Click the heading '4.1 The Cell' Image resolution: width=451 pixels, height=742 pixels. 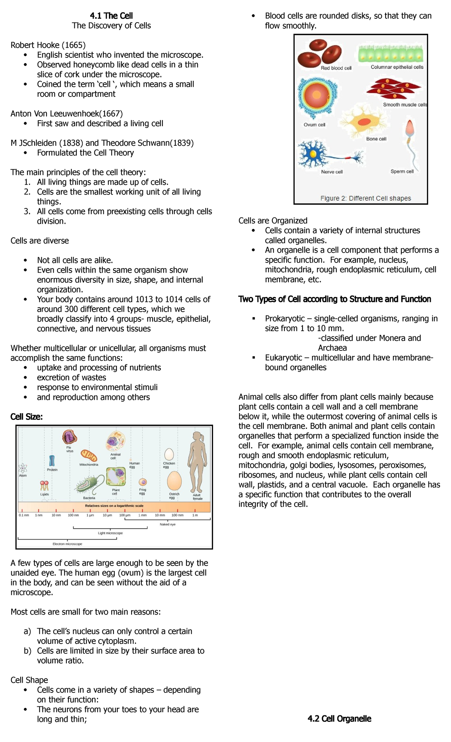pyautogui.click(x=111, y=16)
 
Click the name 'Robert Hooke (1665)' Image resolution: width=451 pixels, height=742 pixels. pyautogui.click(x=48, y=45)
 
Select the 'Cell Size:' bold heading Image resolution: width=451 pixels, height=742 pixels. pyautogui.click(x=27, y=416)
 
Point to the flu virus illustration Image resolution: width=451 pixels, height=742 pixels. pyautogui.click(x=70, y=437)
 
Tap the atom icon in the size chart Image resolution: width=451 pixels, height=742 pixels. pyautogui.click(x=23, y=468)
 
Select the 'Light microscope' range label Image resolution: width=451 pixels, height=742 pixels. pyautogui.click(x=110, y=533)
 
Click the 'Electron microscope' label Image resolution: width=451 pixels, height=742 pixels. pyautogui.click(x=67, y=544)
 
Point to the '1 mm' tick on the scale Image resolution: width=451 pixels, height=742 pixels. pyautogui.click(x=142, y=515)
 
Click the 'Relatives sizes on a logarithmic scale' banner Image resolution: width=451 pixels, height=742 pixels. pyautogui.click(x=114, y=506)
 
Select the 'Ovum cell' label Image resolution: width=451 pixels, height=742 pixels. pyautogui.click(x=314, y=125)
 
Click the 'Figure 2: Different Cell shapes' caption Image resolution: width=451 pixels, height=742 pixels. pyautogui.click(x=365, y=198)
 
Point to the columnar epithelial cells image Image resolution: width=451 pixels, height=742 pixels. pyautogui.click(x=391, y=54)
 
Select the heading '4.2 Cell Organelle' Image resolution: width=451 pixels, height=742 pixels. pyautogui.click(x=339, y=719)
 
